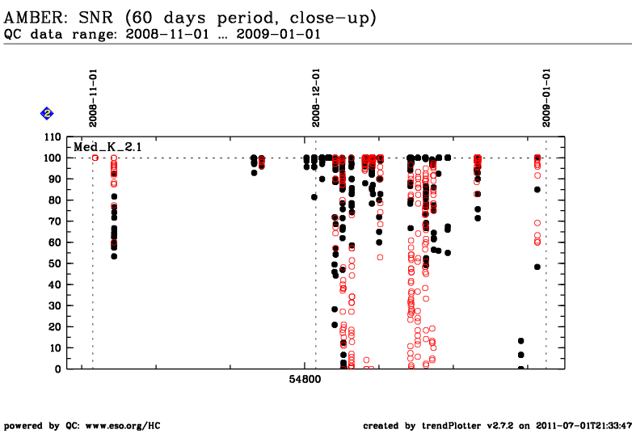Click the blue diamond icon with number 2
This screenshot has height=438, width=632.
click(x=47, y=114)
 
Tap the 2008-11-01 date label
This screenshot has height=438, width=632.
click(x=93, y=98)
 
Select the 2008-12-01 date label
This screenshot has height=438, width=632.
click(x=316, y=98)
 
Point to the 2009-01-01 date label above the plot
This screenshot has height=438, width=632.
click(x=546, y=98)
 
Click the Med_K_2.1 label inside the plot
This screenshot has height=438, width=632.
click(x=107, y=147)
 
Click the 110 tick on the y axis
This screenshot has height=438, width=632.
click(x=53, y=137)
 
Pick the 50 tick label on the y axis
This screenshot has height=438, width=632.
click(x=55, y=263)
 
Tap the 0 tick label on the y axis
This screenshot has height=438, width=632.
click(x=58, y=369)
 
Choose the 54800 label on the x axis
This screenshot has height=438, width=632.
click(x=305, y=379)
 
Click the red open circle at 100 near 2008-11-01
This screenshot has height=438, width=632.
click(x=95, y=158)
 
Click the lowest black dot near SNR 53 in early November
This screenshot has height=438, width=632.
click(x=114, y=256)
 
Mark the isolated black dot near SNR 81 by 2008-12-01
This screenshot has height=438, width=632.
click(x=314, y=197)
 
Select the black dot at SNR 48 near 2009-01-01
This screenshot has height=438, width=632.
click(x=537, y=267)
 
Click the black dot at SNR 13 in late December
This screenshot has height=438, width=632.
click(x=520, y=341)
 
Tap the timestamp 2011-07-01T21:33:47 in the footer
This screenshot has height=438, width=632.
click(x=584, y=426)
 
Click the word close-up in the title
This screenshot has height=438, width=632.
click(x=333, y=18)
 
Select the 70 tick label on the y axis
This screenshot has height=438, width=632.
click(x=55, y=221)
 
